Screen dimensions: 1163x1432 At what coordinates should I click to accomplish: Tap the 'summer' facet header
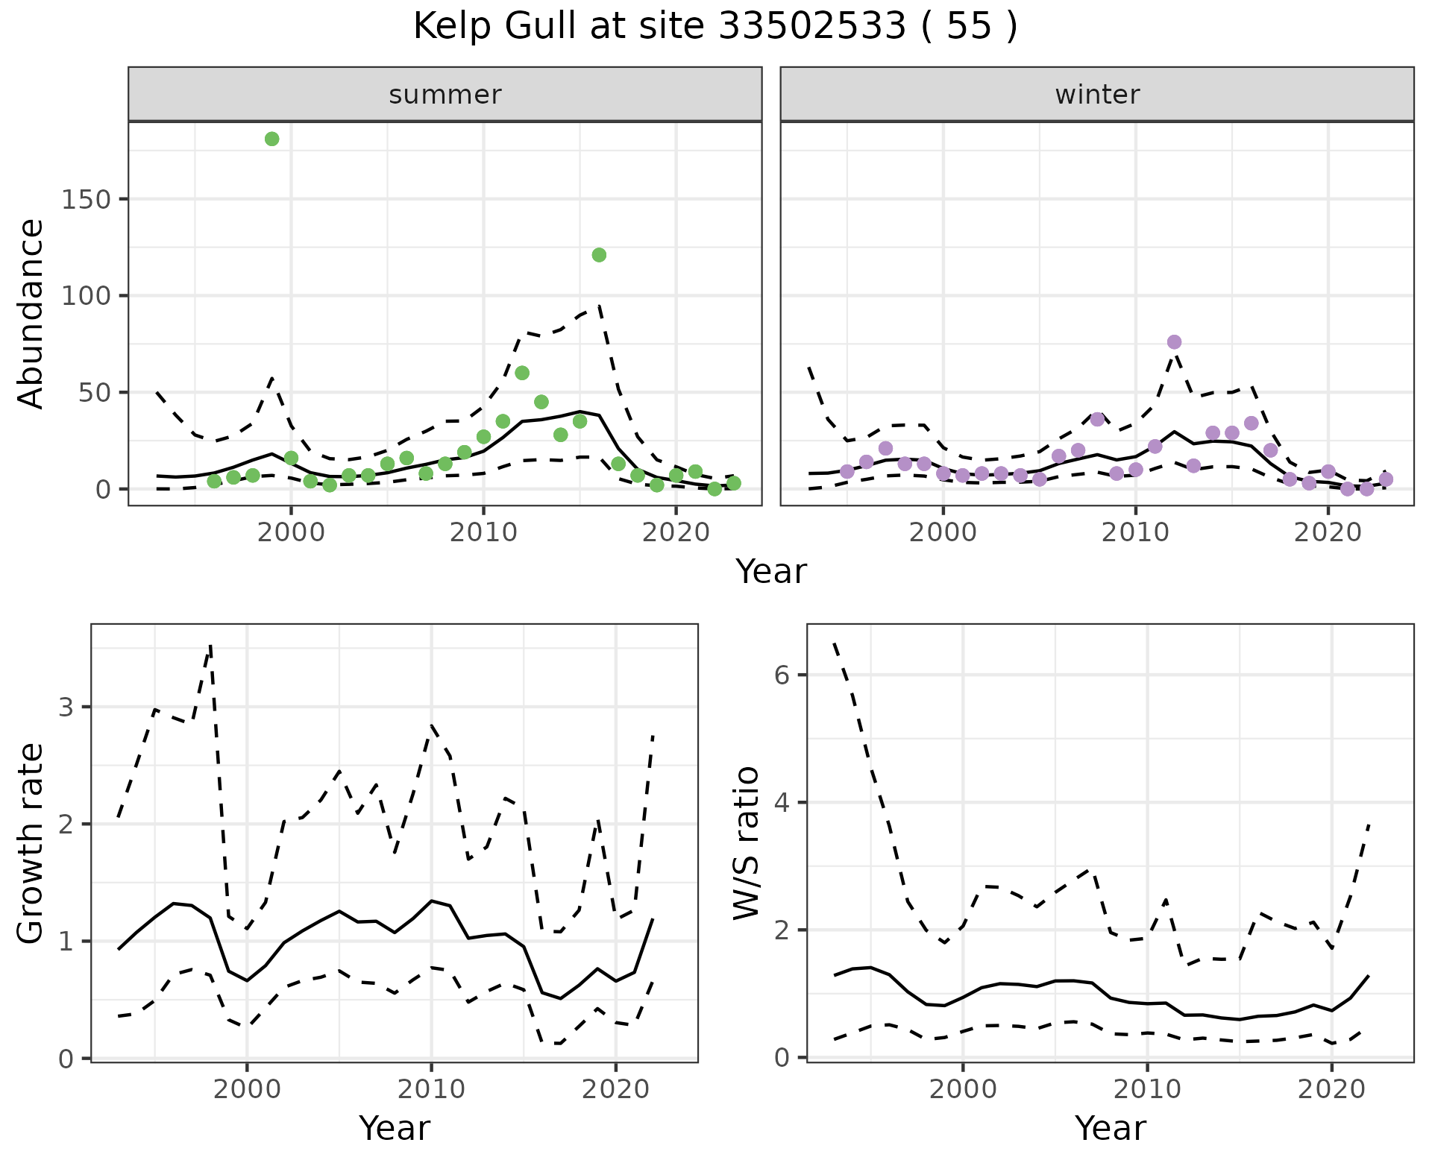(x=445, y=95)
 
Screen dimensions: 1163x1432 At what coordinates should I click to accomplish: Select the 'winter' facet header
(x=1096, y=95)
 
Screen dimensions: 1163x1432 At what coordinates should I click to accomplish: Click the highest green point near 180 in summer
(x=272, y=139)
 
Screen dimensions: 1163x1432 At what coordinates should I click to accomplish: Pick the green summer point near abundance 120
(x=599, y=255)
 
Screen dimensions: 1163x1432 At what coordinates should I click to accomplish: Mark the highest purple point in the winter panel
(x=1174, y=342)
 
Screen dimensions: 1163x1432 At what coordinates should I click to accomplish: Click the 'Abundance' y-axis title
(x=31, y=313)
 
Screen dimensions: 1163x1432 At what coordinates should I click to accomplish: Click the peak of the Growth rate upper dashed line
(x=211, y=646)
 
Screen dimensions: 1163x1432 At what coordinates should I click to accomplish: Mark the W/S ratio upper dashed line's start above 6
(x=835, y=643)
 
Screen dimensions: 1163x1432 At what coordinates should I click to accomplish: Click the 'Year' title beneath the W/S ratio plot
(x=1110, y=1128)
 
